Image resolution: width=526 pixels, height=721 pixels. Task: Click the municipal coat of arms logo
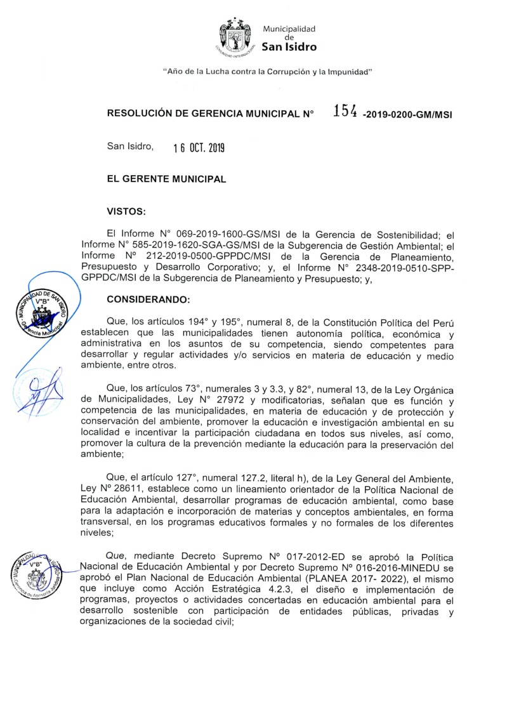pyautogui.click(x=236, y=36)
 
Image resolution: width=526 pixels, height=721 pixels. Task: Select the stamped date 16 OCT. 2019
pyautogui.click(x=199, y=148)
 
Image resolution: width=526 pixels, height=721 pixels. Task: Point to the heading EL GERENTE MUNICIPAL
pyautogui.click(x=166, y=179)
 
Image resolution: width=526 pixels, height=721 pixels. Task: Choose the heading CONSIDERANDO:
pyautogui.click(x=144, y=299)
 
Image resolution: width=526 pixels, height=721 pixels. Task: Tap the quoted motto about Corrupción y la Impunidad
pyautogui.click(x=267, y=72)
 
